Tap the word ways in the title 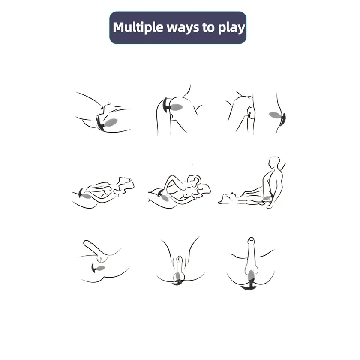183,28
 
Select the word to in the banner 208,27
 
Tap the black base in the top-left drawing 100,124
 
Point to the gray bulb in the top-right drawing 275,115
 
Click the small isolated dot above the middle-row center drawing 192,165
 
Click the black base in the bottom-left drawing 94,268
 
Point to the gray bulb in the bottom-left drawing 101,268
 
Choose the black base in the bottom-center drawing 178,282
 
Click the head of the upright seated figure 274,162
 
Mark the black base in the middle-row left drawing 80,193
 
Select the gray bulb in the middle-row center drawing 165,197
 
